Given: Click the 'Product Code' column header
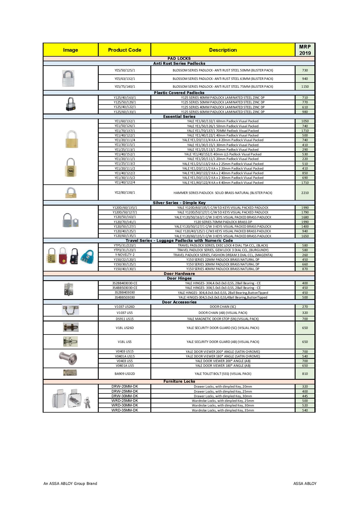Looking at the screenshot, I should (x=125, y=50).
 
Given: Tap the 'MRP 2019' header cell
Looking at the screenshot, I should (x=305, y=50).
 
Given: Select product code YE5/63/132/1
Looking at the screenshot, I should (x=125, y=79).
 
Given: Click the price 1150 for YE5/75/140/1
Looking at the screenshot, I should (x=305, y=87).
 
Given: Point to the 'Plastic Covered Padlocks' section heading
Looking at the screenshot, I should (x=179, y=93).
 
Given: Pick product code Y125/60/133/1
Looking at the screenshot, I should (x=125, y=112).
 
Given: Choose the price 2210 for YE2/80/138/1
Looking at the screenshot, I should (x=305, y=193).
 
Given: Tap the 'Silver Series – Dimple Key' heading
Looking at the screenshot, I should (x=179, y=203).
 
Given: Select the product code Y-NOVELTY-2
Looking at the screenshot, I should (x=125, y=255).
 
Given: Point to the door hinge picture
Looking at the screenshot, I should (x=69, y=289).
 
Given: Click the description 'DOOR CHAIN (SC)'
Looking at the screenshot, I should (x=223, y=307).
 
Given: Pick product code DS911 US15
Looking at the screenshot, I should (x=125, y=319).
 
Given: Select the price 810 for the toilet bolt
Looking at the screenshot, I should (x=305, y=374).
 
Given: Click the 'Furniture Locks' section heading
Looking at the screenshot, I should (x=179, y=381).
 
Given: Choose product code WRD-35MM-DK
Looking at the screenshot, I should (x=125, y=410).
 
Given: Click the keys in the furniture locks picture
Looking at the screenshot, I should (x=87, y=403).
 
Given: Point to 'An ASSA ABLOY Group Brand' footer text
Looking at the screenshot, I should (x=70, y=483).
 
